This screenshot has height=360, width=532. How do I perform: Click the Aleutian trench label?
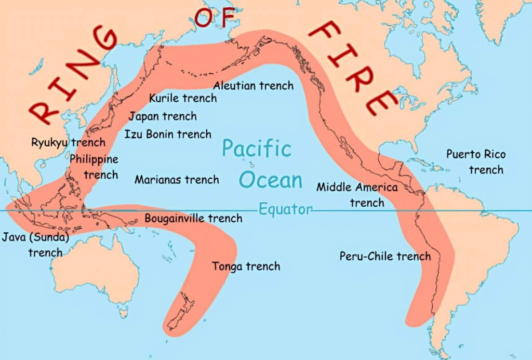[253, 85]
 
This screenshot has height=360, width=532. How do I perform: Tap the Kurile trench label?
[183, 98]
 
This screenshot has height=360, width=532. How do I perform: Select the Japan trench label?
[163, 116]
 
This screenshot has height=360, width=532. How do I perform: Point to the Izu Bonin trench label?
[168, 134]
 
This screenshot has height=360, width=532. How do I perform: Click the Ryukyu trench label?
[68, 142]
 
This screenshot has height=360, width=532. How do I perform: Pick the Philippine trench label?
[94, 167]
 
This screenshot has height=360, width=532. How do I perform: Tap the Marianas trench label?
[177, 180]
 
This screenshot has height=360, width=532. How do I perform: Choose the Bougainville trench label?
[193, 218]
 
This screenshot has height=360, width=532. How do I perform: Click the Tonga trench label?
[246, 266]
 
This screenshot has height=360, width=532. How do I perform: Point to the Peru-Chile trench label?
[385, 256]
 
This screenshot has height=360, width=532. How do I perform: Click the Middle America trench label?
[357, 194]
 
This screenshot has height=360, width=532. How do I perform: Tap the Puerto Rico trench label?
[476, 162]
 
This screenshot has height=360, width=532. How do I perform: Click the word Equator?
[286, 209]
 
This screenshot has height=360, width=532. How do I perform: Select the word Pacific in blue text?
[257, 149]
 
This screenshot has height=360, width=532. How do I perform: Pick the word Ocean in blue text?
[271, 180]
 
